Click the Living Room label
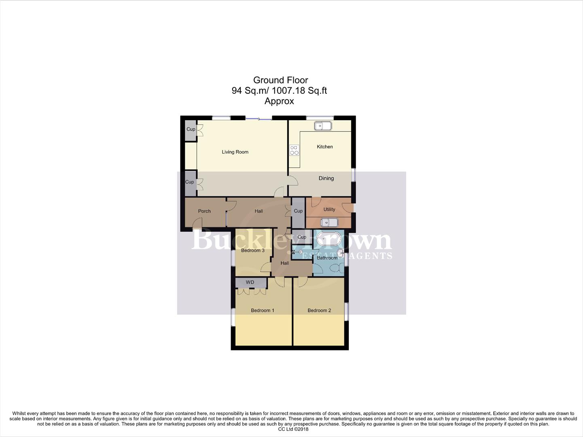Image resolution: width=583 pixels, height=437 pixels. (235, 152)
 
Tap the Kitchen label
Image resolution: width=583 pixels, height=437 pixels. (324, 147)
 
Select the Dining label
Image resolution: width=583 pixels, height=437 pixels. (326, 178)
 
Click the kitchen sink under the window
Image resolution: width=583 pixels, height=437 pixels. (323, 126)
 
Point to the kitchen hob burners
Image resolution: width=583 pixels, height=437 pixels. (294, 151)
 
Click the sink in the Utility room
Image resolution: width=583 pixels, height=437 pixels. (329, 223)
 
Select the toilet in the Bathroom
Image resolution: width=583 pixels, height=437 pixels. (334, 267)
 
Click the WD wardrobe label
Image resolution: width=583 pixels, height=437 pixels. (250, 282)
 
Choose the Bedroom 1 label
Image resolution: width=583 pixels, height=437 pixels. (263, 311)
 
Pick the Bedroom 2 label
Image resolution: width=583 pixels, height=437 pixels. (319, 311)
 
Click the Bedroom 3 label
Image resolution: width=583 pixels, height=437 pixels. (253, 250)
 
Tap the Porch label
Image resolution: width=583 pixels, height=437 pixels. (204, 211)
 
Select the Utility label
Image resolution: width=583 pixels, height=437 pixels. (329, 210)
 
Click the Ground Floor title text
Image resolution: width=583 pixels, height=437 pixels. (280, 80)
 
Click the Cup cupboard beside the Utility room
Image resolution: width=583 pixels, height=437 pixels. (298, 211)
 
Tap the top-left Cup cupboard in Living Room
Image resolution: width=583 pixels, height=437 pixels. (191, 129)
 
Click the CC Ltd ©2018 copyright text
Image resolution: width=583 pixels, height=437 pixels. (293, 429)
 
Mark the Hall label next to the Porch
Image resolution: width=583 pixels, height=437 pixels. (259, 211)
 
